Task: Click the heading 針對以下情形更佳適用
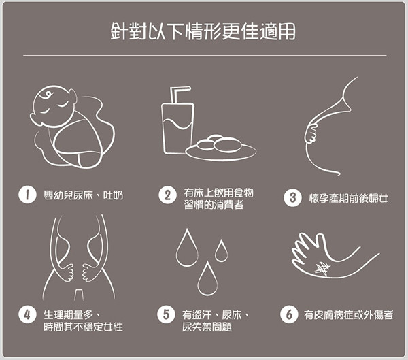[x=203, y=32]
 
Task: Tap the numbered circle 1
[x=27, y=195]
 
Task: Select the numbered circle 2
[x=167, y=195]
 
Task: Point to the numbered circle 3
[x=292, y=198]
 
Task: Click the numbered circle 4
[x=27, y=314]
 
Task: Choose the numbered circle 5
[x=166, y=314]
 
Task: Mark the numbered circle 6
[x=289, y=314]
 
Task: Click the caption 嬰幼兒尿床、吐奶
[x=83, y=195]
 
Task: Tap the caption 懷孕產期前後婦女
[x=348, y=198]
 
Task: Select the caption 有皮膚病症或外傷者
[x=348, y=315]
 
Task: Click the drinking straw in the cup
[x=177, y=95]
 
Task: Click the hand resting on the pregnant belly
[x=311, y=133]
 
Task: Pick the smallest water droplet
[x=221, y=251]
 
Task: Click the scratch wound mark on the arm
[x=322, y=267]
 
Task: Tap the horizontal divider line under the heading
[x=205, y=56]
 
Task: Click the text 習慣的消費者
[x=214, y=205]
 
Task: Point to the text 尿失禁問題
[x=207, y=327]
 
